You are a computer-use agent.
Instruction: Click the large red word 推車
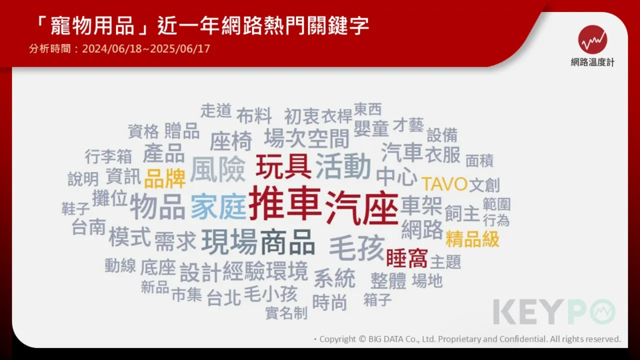[x=284, y=203]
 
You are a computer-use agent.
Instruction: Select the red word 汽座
[x=362, y=207]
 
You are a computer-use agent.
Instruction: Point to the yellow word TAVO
[x=444, y=184]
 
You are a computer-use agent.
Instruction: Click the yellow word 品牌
[x=165, y=178]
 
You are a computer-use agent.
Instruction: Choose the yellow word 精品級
[x=472, y=239]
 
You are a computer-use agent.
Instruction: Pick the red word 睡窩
[x=407, y=258]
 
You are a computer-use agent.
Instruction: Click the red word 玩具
[x=283, y=166]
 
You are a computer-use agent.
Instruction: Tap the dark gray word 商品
[x=287, y=242]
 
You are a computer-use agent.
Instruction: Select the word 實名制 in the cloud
[x=286, y=313]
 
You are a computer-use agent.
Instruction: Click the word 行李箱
[x=108, y=156]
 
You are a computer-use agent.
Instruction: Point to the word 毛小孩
[x=270, y=293]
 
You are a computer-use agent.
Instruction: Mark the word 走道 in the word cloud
[x=215, y=110]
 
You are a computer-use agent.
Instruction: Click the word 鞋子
[x=75, y=208]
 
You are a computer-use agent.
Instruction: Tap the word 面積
[x=479, y=160]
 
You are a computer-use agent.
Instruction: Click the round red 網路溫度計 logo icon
[x=592, y=39]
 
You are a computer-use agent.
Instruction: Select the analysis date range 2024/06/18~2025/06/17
[x=146, y=48]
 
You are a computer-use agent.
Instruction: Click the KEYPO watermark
[x=554, y=311]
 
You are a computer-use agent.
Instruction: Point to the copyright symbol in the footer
[x=362, y=339]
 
